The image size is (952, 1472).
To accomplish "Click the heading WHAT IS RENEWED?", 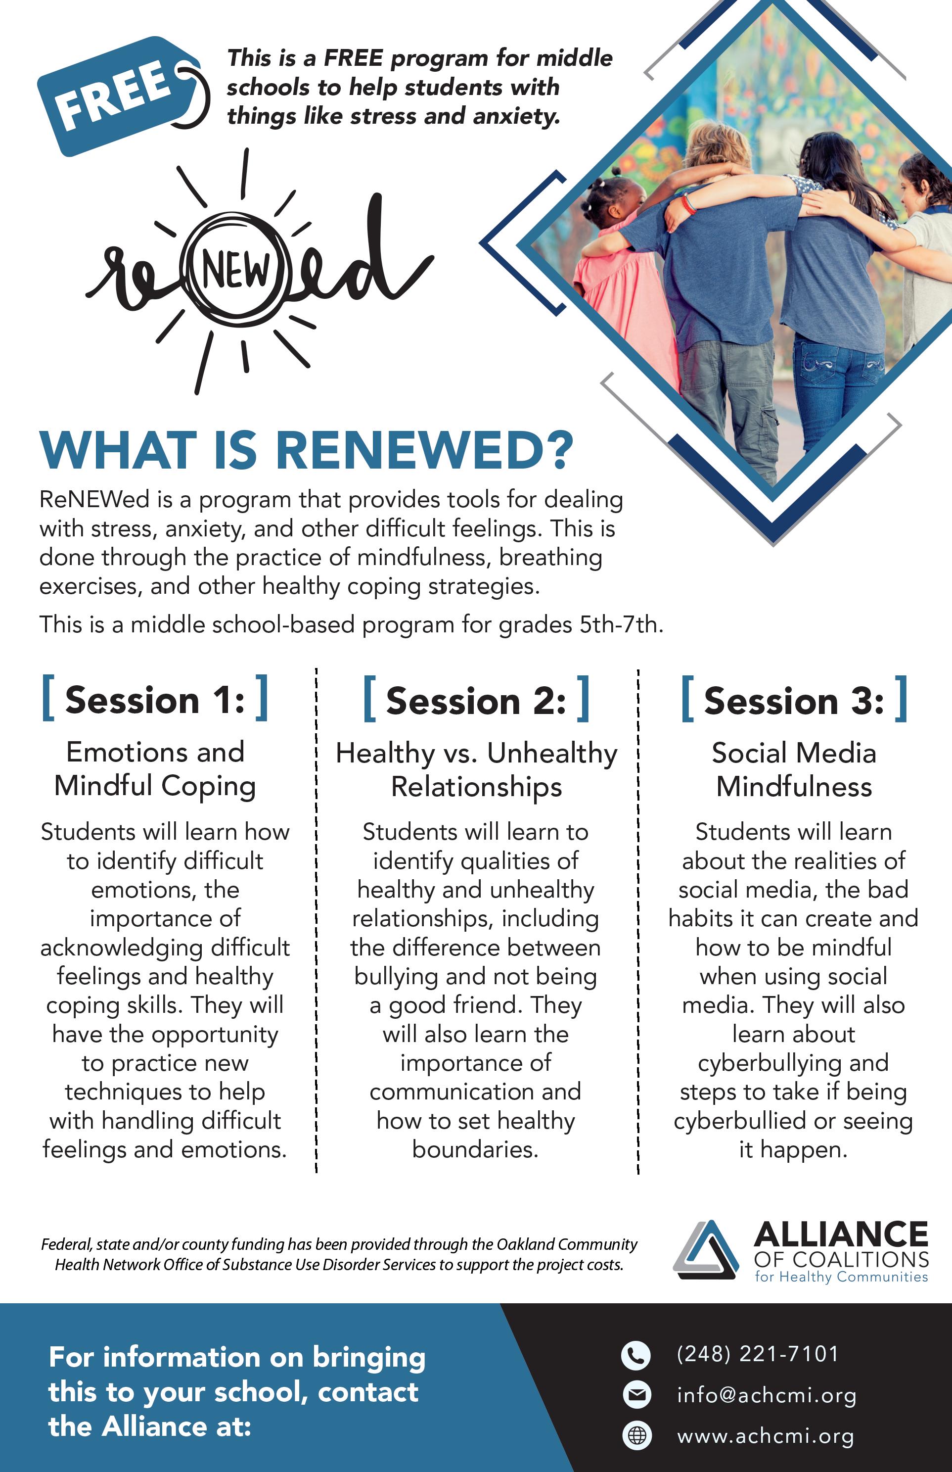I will pos(307,450).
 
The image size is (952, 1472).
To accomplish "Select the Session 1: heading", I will pos(154,700).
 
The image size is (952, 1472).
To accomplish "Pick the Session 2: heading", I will pos(476,701).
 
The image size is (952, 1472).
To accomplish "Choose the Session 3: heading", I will pos(794,701).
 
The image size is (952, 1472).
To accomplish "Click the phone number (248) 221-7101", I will pos(758,1354).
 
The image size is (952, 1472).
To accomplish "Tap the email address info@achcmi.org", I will pos(767,1395).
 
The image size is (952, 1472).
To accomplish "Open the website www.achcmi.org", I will pos(766,1436).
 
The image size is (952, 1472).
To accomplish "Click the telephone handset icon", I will pos(635,1355).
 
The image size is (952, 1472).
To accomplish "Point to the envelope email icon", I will pos(636,1395).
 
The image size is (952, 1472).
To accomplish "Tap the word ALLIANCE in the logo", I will pos(841,1234).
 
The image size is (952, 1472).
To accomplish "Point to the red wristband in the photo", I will pos(688,203).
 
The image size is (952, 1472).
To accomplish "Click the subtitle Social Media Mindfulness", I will pos(794,769).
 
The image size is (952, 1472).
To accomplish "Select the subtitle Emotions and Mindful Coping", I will pos(155,769).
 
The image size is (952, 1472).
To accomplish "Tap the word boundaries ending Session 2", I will pos(475,1149).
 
